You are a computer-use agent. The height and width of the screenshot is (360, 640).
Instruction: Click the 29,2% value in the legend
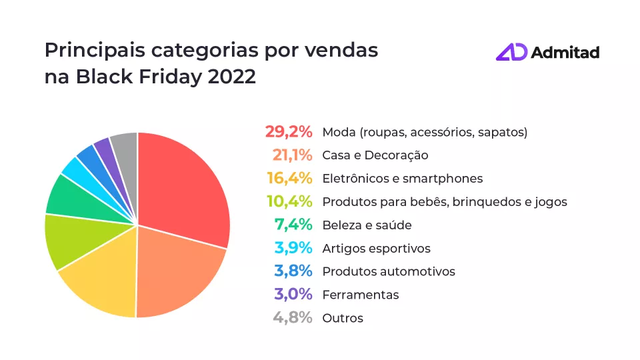pos(288,132)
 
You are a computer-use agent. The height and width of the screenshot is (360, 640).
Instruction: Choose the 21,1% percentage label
pos(292,155)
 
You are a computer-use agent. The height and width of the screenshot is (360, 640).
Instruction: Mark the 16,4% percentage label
pos(289,178)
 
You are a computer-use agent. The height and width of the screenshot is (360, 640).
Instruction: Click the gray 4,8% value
pos(292,318)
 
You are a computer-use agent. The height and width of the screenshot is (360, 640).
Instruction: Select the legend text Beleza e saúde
pos(367,225)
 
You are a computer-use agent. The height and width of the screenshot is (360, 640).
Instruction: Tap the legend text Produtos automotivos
pos(389,271)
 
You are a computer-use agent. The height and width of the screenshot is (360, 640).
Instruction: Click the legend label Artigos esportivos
pos(376,249)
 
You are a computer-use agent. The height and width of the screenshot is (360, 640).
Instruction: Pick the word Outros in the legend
pos(343,318)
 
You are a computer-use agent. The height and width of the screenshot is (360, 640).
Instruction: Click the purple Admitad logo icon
pos(511,52)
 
